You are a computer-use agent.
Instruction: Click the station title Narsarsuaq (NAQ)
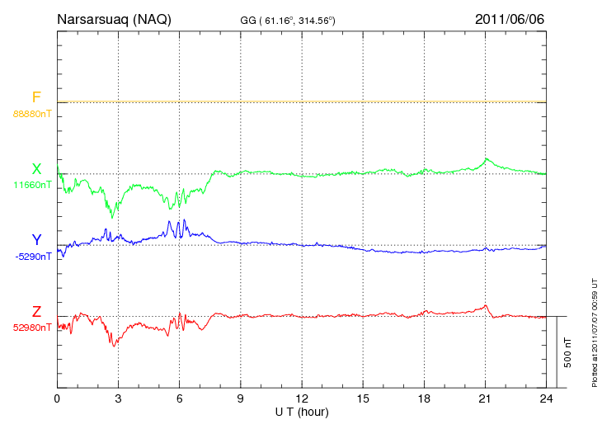114,19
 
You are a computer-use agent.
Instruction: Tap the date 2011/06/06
510,19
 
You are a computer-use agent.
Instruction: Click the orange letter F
36,98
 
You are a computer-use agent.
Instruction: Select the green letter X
36,169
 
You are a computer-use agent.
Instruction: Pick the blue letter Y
36,240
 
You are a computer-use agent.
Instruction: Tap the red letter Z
36,311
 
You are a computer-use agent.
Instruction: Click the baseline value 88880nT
31,113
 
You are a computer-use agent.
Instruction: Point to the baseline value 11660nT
31,185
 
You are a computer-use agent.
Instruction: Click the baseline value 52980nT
31,327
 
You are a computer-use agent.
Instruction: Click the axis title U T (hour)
302,411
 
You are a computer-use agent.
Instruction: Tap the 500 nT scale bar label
568,352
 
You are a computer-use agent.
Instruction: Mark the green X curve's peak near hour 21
487,158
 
